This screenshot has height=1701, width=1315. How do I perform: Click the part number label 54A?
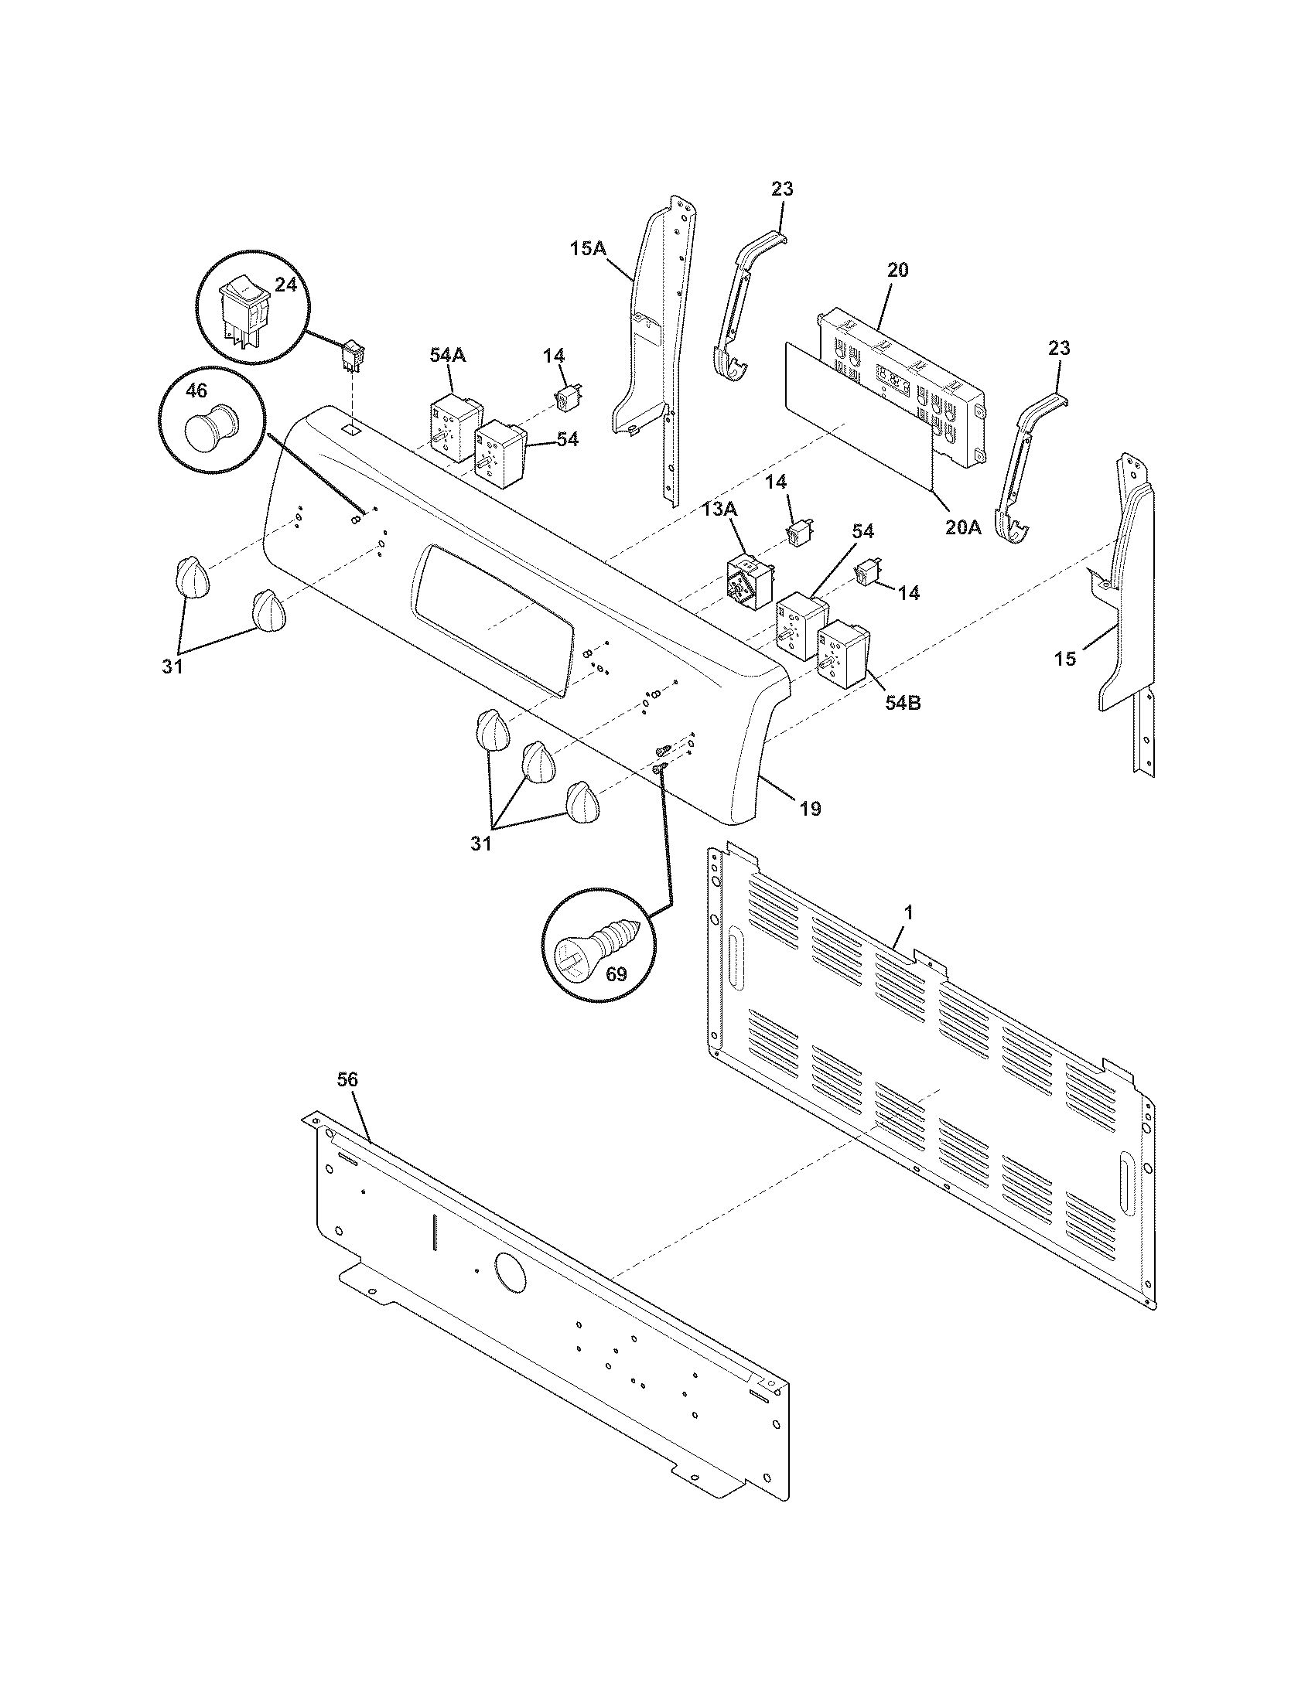coord(447,356)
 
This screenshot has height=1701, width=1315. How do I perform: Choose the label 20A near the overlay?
coord(964,527)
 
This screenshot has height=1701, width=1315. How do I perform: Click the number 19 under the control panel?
coord(809,810)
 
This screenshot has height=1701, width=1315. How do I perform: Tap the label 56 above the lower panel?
coord(347,1079)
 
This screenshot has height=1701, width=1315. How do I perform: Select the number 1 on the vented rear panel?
coord(907,911)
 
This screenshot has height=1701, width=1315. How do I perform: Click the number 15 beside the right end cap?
coord(1064,659)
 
